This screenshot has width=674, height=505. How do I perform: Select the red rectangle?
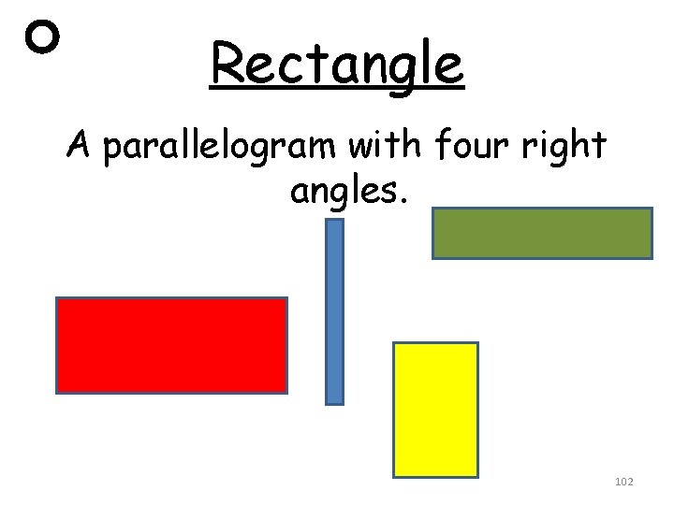tap(171, 344)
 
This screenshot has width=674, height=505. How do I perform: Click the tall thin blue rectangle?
tap(334, 311)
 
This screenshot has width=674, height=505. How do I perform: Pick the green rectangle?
tap(541, 233)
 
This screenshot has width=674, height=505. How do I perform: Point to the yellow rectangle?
tap(435, 410)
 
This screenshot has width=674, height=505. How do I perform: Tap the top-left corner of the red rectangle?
tap(58, 299)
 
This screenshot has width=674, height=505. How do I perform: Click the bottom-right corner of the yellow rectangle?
tap(476, 476)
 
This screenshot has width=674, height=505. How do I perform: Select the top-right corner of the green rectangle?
tap(650, 209)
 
